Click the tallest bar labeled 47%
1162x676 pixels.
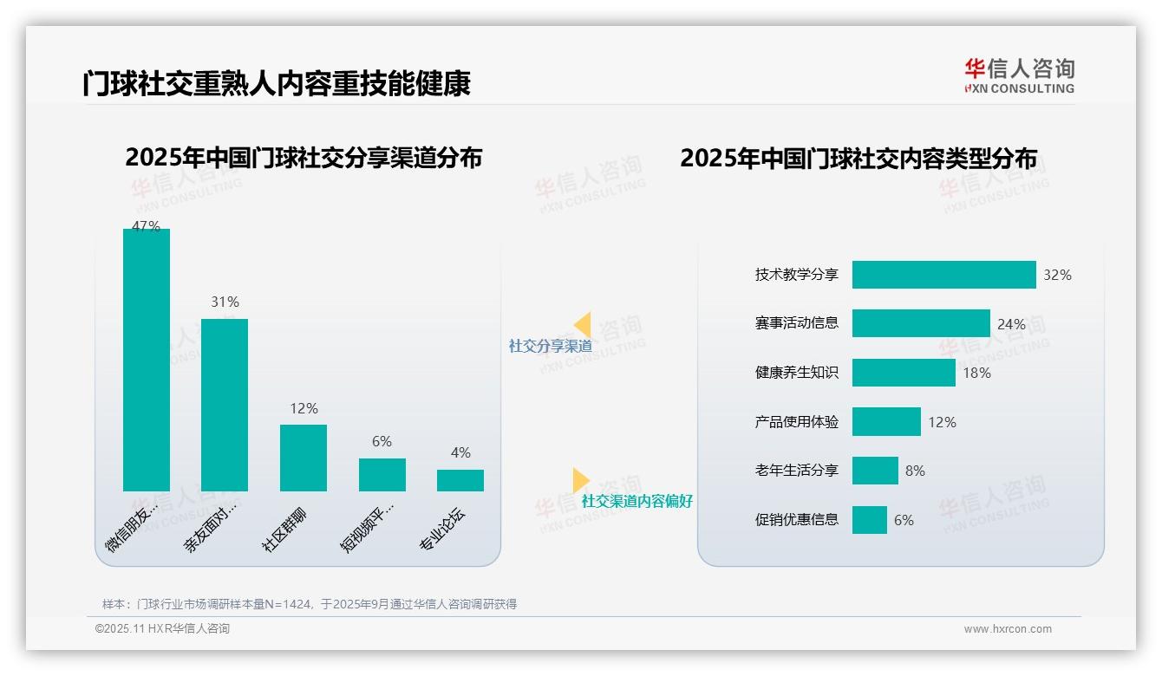[x=147, y=360]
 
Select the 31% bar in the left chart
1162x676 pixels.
[x=225, y=405]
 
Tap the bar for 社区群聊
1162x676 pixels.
[x=304, y=458]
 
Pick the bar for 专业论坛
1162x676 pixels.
[x=460, y=480]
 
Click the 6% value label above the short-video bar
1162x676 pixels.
[x=382, y=441]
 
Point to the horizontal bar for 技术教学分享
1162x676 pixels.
[x=943, y=275]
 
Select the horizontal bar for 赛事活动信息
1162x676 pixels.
[x=921, y=323]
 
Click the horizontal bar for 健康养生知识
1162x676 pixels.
[x=904, y=373]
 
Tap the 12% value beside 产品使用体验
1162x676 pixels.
[x=942, y=422]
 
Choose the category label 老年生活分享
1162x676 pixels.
[x=796, y=471]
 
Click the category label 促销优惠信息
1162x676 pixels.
[x=796, y=520]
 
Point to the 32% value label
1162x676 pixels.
[x=1057, y=275]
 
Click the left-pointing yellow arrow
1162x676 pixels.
[x=582, y=325]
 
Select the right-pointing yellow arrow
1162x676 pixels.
[x=581, y=480]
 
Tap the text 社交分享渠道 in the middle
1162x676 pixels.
[x=550, y=346]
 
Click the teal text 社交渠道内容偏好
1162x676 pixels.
[x=636, y=501]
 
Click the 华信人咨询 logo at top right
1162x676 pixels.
[x=1019, y=75]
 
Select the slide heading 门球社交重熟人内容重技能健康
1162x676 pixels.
[x=277, y=84]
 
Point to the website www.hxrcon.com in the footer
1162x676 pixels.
[x=1008, y=629]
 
